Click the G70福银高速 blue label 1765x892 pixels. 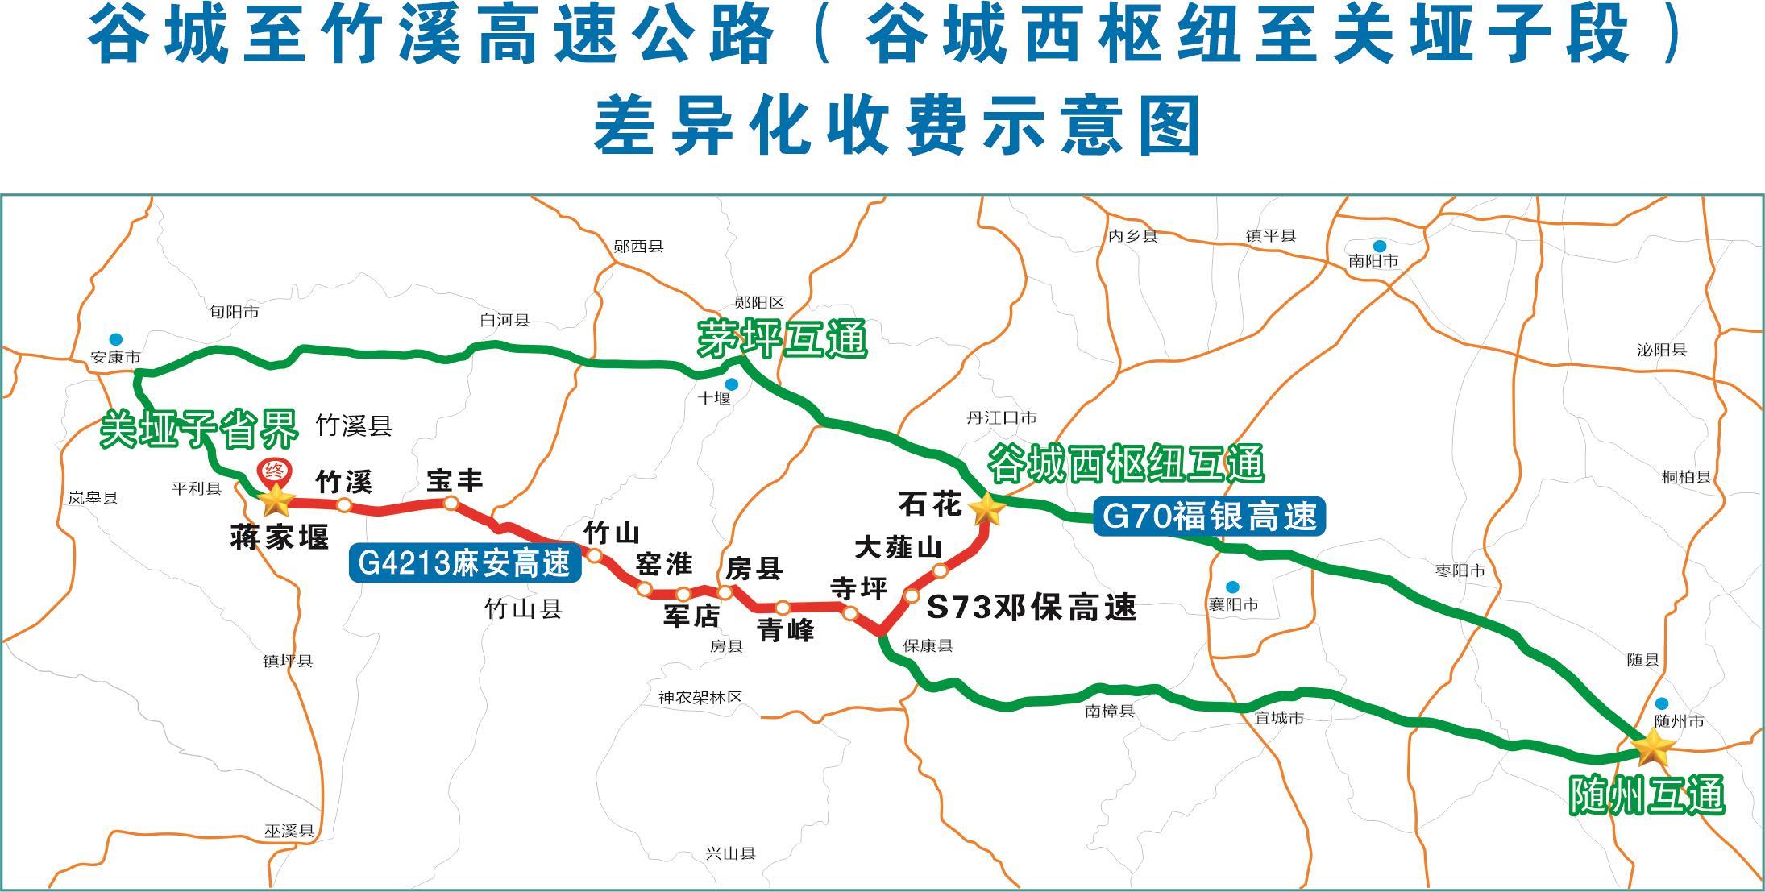point(1209,516)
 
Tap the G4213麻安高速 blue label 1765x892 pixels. point(464,563)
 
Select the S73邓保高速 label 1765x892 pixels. point(1031,608)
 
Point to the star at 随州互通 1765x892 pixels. point(1652,748)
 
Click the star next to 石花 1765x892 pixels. point(986,508)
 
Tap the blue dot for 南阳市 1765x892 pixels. point(1379,246)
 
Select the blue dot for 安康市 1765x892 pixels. point(117,339)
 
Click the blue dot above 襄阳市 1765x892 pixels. point(1232,587)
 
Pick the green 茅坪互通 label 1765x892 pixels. point(782,338)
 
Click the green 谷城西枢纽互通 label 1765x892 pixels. point(1125,463)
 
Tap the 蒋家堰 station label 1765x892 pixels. point(280,537)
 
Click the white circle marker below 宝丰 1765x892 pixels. point(451,503)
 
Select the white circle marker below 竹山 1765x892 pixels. point(594,555)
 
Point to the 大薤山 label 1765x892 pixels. point(898,548)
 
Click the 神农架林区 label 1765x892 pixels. point(700,698)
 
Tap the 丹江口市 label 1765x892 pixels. point(1001,417)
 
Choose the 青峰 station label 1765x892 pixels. point(786,629)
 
